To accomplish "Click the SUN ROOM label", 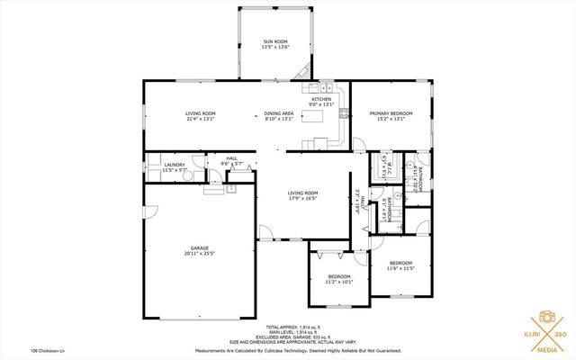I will (275, 41).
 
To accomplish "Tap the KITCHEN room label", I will (321, 99).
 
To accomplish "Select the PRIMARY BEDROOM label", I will (390, 112).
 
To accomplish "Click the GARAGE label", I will (199, 247).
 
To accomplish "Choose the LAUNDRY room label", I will (175, 164).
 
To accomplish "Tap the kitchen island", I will (319, 142).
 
